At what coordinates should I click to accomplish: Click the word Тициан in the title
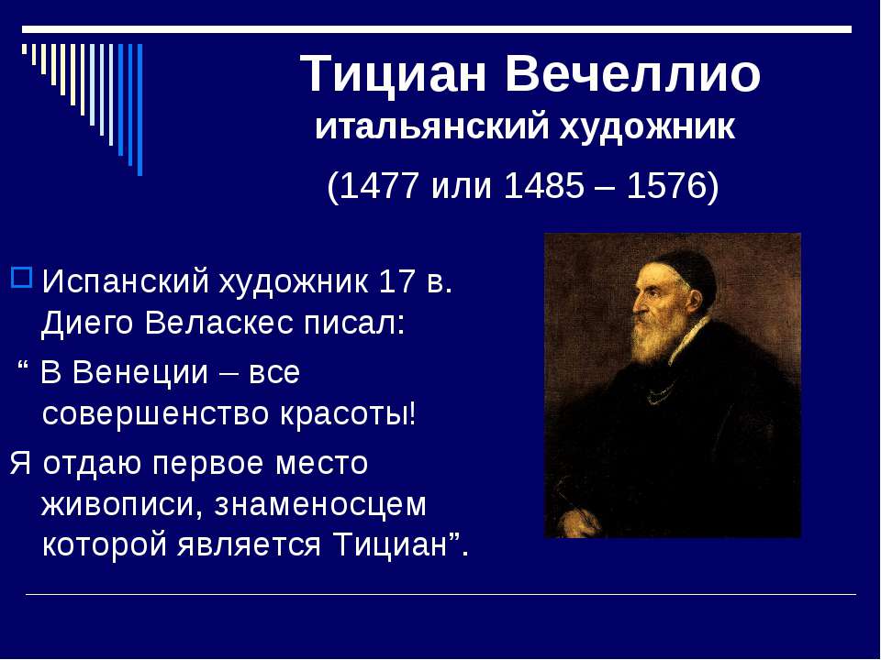[x=396, y=73]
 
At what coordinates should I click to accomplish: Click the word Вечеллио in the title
[x=633, y=73]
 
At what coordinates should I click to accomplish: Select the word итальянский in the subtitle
[x=430, y=127]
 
